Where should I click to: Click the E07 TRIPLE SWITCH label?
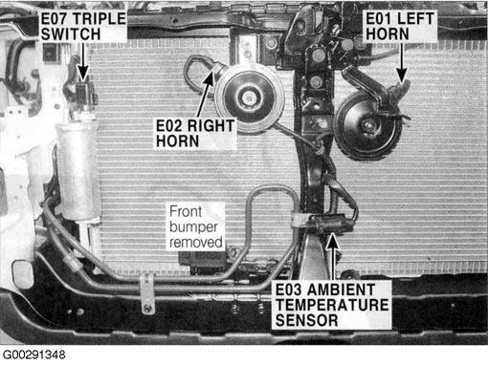(83, 27)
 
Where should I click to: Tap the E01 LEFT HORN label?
(400, 27)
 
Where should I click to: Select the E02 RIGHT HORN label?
(195, 134)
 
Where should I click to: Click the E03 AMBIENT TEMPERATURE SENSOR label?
(332, 305)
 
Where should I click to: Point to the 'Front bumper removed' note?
(196, 226)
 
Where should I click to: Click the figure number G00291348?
(33, 354)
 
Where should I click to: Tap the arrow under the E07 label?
(83, 62)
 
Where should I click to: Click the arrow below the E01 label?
(402, 62)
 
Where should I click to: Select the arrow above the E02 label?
(206, 93)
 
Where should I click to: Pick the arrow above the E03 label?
(333, 257)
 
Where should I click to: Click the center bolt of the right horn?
(248, 97)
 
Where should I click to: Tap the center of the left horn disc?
(367, 125)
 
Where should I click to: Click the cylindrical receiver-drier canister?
(78, 169)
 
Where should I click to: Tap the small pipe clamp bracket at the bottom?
(147, 293)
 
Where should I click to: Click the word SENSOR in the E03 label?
(306, 320)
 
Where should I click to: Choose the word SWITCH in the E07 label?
(71, 34)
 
